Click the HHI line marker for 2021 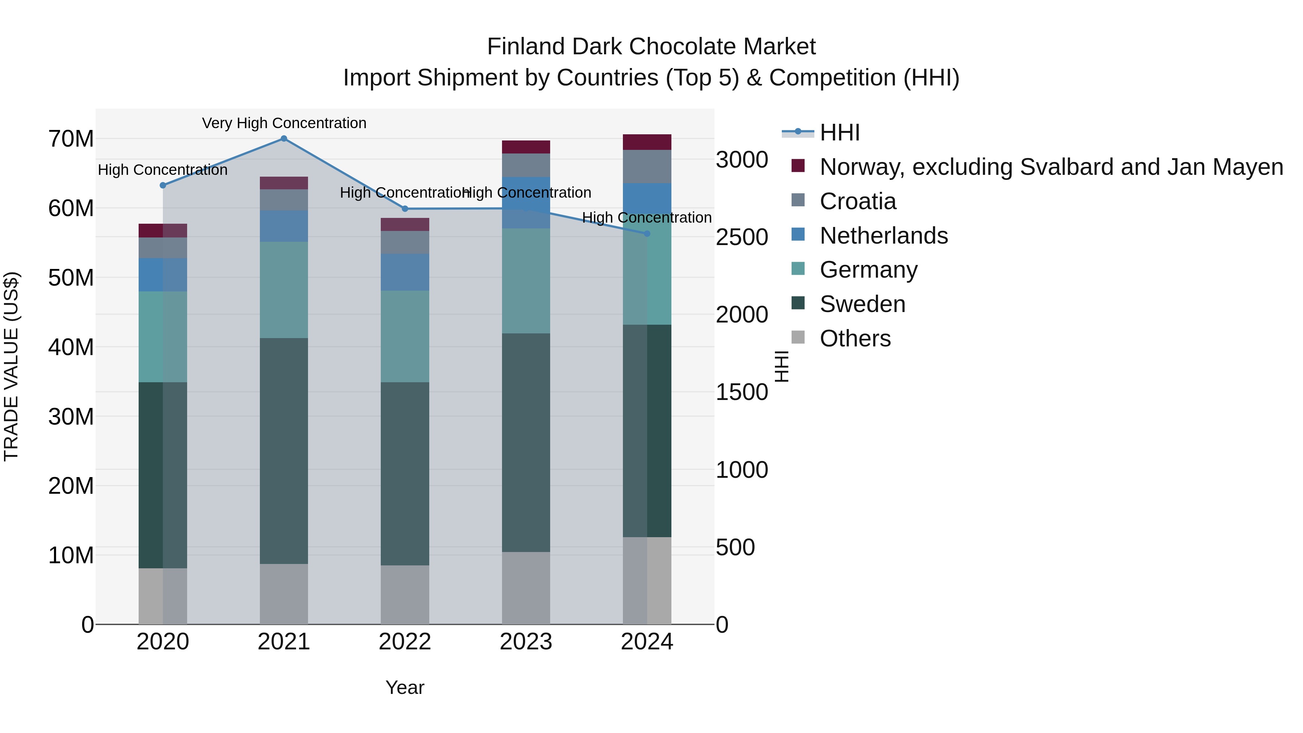tap(284, 139)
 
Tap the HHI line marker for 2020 tap(163, 185)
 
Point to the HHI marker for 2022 tap(405, 209)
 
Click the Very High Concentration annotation tap(284, 123)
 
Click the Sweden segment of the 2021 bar tap(284, 450)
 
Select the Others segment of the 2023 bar tap(526, 588)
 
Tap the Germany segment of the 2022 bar tap(405, 336)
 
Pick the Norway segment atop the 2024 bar tap(647, 142)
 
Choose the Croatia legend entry tap(857, 201)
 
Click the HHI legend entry tap(840, 132)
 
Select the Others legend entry tap(855, 338)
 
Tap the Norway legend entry tap(1051, 167)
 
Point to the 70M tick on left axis tap(71, 139)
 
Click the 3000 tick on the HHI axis tap(742, 160)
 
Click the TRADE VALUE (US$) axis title tap(11, 366)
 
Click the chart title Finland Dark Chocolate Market tap(651, 47)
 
